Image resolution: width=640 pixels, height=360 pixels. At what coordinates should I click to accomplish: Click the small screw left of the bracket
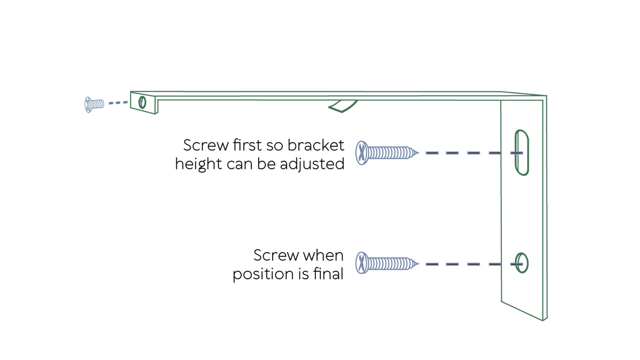(94, 104)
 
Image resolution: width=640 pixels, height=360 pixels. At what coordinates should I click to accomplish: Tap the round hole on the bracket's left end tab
(142, 102)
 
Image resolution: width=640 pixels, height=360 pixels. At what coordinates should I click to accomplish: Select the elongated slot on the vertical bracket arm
(522, 152)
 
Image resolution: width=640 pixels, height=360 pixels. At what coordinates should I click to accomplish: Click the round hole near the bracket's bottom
(522, 263)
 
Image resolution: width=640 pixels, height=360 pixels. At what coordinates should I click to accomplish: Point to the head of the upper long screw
(362, 153)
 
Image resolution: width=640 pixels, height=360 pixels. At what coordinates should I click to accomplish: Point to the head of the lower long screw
(362, 263)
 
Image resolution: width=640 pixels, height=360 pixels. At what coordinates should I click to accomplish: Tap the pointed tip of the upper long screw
(417, 153)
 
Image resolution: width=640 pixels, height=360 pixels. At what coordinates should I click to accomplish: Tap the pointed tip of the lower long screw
(417, 264)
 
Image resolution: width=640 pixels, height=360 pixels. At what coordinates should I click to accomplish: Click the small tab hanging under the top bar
(343, 106)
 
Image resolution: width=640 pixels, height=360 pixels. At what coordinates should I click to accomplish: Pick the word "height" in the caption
(198, 164)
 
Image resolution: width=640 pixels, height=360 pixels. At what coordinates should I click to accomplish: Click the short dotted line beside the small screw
(118, 102)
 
